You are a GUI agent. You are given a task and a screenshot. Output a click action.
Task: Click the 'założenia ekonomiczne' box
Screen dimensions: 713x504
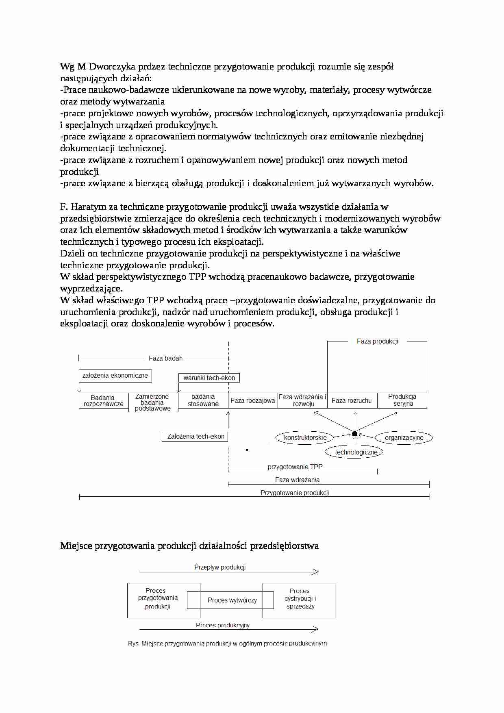click(115, 376)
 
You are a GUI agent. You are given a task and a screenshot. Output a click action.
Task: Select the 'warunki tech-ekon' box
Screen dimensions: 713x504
click(209, 378)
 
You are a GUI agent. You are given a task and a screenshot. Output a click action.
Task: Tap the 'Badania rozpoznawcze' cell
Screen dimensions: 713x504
click(104, 401)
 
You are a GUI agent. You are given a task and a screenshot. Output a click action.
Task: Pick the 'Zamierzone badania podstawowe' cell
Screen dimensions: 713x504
click(153, 402)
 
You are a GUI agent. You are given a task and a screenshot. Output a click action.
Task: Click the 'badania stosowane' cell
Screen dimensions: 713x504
click(203, 400)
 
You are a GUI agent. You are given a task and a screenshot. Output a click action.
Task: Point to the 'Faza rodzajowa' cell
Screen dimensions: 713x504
click(253, 401)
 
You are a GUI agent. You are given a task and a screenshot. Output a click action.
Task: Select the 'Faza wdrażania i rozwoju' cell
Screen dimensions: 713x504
click(303, 400)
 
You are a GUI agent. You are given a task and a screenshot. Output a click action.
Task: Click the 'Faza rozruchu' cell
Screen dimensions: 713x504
click(352, 401)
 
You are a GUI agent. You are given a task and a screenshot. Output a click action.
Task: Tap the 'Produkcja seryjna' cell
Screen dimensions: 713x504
click(402, 400)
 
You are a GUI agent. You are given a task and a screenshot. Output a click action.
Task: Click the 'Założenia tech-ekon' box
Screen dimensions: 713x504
click(196, 437)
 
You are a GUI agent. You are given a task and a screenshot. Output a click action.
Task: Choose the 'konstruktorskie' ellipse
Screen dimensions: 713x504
click(305, 438)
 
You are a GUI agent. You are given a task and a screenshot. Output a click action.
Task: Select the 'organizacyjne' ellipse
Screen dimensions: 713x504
click(404, 438)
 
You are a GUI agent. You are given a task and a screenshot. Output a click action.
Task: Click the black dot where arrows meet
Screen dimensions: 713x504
click(355, 434)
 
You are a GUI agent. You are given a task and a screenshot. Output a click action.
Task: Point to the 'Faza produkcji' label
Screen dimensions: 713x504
click(377, 341)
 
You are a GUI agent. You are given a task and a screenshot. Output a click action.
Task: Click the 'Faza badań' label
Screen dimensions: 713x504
click(165, 358)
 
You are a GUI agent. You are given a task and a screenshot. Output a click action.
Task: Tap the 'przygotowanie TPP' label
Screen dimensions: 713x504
click(295, 467)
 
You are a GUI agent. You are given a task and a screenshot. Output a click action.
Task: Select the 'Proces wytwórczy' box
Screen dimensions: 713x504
click(232, 600)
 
